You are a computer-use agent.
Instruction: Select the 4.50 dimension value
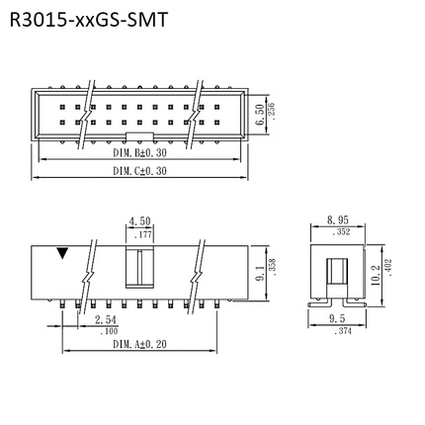pos(139,221)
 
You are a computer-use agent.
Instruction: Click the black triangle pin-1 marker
pos(64,254)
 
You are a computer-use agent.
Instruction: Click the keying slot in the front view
pos(139,270)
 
